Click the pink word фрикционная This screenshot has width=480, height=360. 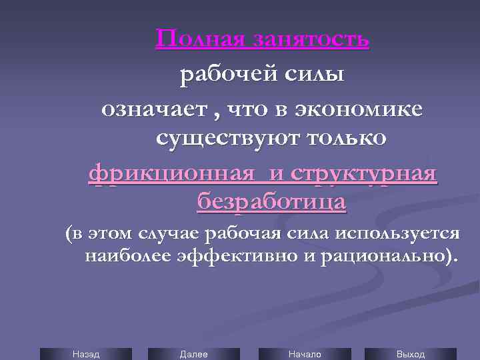click(171, 175)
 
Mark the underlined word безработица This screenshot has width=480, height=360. click(271, 201)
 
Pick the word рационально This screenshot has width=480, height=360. click(379, 257)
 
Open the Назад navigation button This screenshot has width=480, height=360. click(85, 354)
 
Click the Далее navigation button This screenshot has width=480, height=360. click(194, 354)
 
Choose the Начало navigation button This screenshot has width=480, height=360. click(304, 354)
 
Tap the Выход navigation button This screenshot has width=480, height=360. click(410, 354)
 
